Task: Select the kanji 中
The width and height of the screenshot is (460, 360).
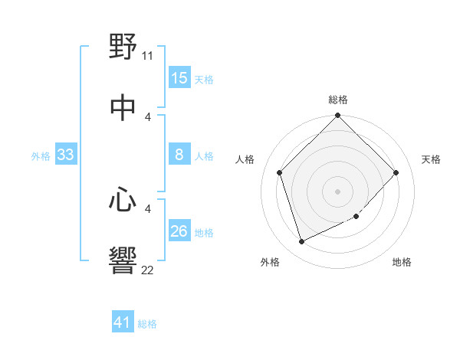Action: pyautogui.click(x=123, y=107)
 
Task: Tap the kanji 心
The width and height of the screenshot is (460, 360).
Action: pyautogui.click(x=123, y=201)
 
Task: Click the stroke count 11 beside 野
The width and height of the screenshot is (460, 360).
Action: pyautogui.click(x=148, y=56)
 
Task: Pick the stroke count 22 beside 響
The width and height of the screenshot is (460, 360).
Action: pyautogui.click(x=148, y=270)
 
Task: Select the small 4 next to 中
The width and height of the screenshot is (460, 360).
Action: pyautogui.click(x=148, y=116)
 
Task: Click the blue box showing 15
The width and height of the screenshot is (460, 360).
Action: pyautogui.click(x=179, y=78)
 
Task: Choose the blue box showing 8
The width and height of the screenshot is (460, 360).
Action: pyautogui.click(x=179, y=155)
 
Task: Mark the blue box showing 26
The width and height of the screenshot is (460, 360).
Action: pyautogui.click(x=179, y=232)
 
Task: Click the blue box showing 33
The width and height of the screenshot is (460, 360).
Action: pyautogui.click(x=66, y=155)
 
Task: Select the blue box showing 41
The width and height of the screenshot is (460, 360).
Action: pyautogui.click(x=123, y=323)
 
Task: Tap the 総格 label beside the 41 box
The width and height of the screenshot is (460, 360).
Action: pyautogui.click(x=147, y=324)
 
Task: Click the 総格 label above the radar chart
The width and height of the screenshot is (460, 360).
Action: pyautogui.click(x=338, y=100)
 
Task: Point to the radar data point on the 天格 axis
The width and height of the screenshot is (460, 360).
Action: pyautogui.click(x=396, y=172)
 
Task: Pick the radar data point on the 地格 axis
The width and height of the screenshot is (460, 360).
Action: pyautogui.click(x=356, y=217)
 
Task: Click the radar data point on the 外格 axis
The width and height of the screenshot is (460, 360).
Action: pyautogui.click(x=302, y=241)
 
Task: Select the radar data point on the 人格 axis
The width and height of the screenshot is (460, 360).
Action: pyautogui.click(x=280, y=172)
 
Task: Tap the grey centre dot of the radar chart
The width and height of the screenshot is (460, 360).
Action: pyautogui.click(x=338, y=191)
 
